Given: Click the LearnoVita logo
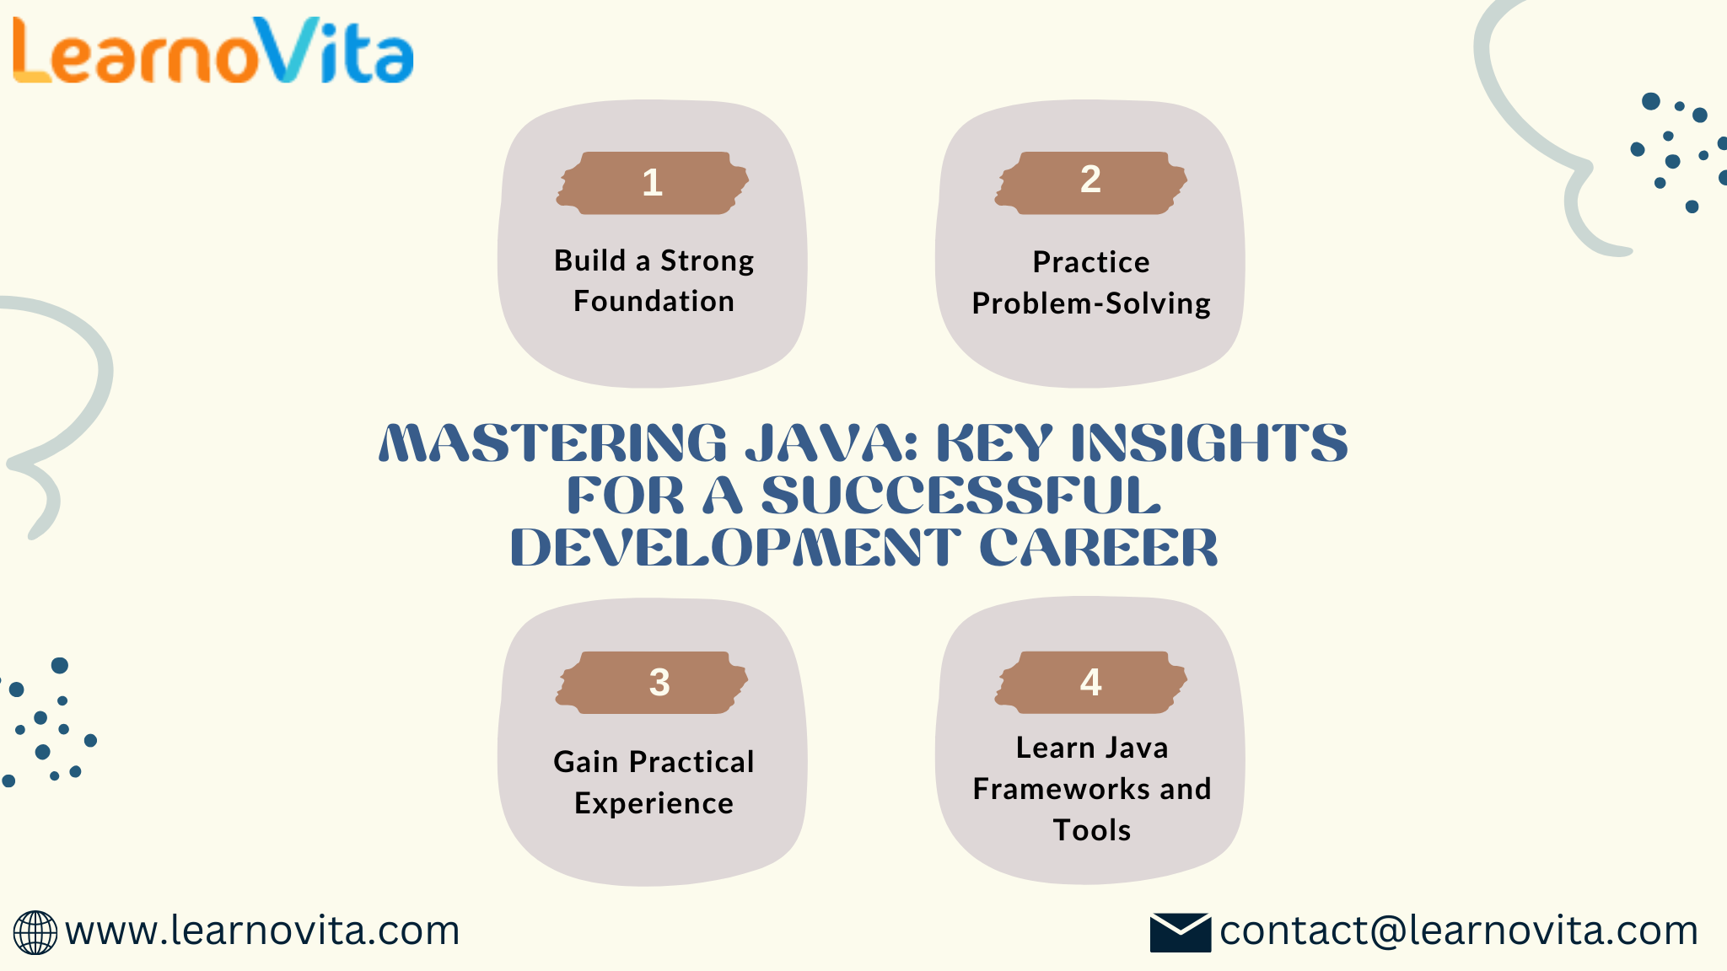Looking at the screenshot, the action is pos(213,51).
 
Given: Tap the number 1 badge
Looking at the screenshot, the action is pos(653,183).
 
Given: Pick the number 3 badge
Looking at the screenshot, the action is pos(653,683).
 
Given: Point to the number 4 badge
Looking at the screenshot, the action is pos(1091,683).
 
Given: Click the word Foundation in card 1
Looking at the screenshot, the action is pos(654,301).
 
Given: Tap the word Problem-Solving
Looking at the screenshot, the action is pos(1091,303).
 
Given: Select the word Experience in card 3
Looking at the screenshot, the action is pos(654,804).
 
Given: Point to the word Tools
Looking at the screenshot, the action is pos(1092,830).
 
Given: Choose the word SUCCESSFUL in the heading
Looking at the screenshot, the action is pos(961,496).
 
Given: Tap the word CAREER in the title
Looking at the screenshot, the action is pos(1099,548).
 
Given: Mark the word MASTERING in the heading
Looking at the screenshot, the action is pos(553,443).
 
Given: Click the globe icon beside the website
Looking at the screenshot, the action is pos(35,933).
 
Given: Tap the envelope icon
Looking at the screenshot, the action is pos(1181,933).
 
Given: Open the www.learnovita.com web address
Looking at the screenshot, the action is pos(262,931).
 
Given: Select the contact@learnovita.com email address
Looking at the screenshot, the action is pos(1459,931).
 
